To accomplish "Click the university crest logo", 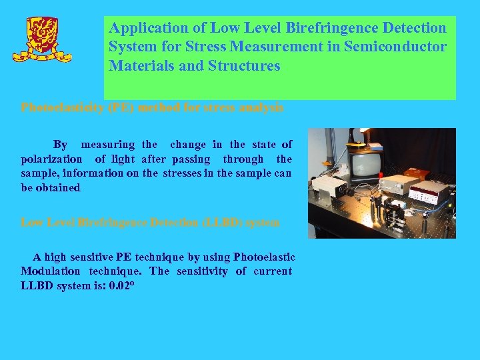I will [x=47, y=38].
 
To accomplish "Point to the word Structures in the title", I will [x=244, y=67].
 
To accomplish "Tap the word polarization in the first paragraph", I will [x=52, y=159].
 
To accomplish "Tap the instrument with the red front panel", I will [x=429, y=193].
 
